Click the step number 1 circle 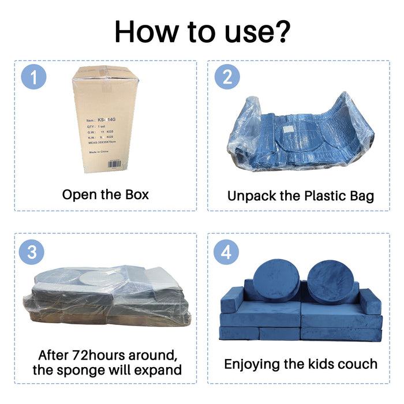(33, 78)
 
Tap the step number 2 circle (227, 78)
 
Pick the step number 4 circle (226, 252)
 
